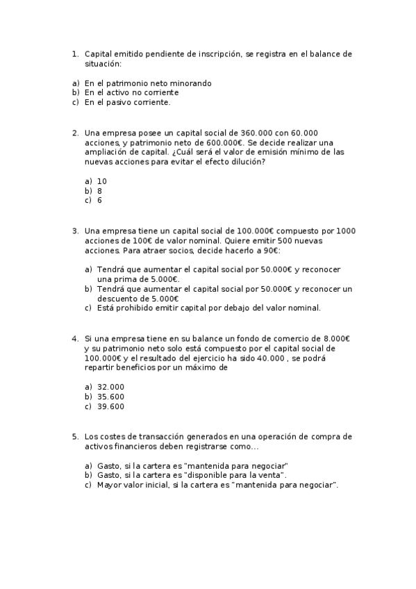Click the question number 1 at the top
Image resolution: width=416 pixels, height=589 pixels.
tap(75, 53)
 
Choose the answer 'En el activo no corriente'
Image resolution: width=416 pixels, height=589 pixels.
tap(131, 92)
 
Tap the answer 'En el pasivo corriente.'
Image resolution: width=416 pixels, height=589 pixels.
tap(127, 102)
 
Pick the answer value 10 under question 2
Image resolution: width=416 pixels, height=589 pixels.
tap(101, 181)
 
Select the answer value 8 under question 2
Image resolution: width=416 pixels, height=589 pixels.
tap(99, 190)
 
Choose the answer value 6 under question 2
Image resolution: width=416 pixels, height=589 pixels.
tap(99, 200)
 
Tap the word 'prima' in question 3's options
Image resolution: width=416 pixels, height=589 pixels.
tap(119, 279)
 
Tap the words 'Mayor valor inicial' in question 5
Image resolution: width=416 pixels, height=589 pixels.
tap(133, 485)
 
